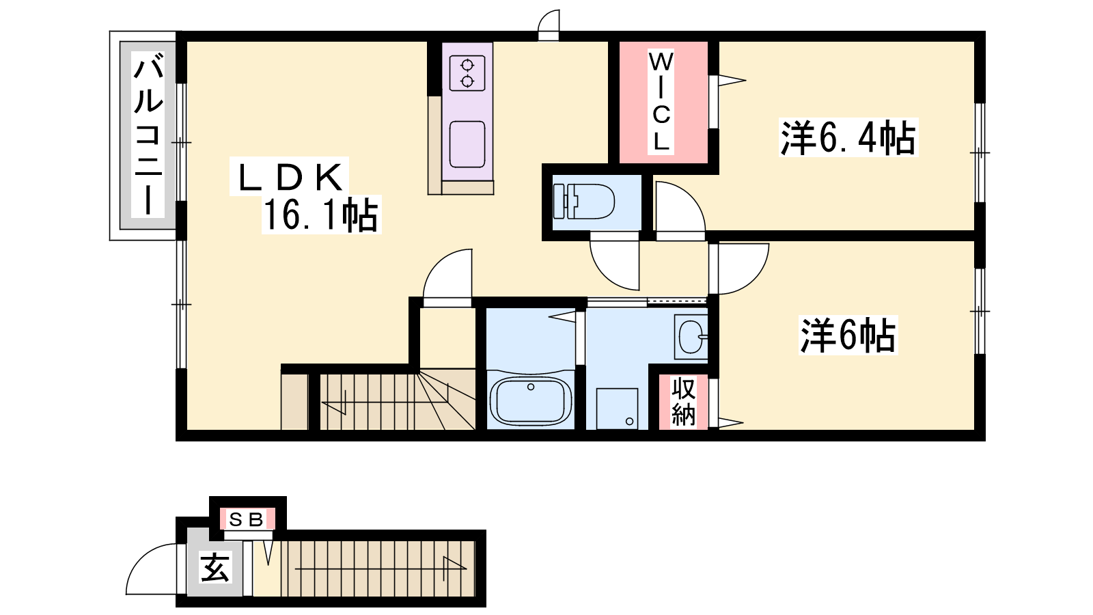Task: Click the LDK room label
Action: tap(290, 177)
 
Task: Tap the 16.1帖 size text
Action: tap(320, 215)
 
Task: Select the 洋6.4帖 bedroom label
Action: tap(848, 137)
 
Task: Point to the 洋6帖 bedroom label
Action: tap(848, 336)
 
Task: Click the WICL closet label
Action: tap(661, 102)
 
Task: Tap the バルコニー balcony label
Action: tap(148, 136)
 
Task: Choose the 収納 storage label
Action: tap(683, 402)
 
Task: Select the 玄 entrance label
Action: tap(215, 567)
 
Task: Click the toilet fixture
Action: tap(583, 201)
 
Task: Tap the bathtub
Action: tap(530, 401)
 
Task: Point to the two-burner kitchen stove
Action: tap(467, 73)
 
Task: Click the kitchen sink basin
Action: tap(467, 144)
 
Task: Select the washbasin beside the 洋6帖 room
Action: tap(691, 337)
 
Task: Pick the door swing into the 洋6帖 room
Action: tap(754, 279)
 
